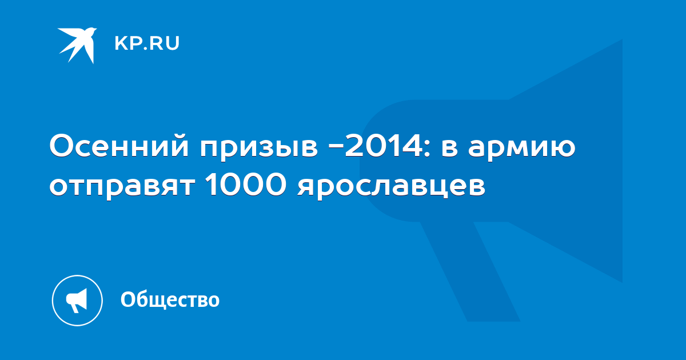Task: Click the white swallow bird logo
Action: pos(77,45)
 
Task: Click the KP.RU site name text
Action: pos(147,43)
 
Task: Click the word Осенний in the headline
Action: pos(119,147)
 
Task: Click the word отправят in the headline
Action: pos(122,187)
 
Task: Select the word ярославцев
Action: pos(391,187)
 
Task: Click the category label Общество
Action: pos(170,299)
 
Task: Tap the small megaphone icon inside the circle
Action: pos(77,301)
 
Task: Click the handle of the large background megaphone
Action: pos(470,271)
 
